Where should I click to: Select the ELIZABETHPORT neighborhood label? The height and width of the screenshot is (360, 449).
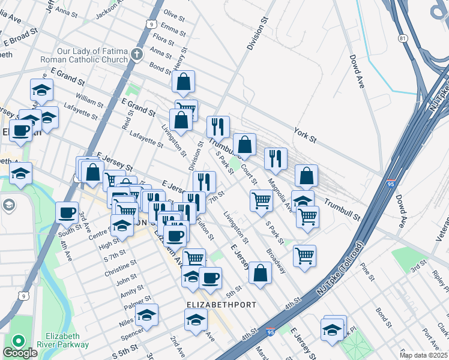(221, 305)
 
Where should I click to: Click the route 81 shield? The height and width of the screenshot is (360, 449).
(402, 38)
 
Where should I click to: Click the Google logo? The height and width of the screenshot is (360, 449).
(20, 353)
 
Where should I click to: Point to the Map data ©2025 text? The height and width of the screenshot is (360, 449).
(423, 355)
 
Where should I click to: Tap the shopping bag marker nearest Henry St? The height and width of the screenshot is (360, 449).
(184, 82)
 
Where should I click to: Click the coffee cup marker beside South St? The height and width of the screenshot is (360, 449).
(67, 212)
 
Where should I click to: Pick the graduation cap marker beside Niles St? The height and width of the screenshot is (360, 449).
(146, 315)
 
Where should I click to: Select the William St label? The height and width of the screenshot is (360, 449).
(89, 97)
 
